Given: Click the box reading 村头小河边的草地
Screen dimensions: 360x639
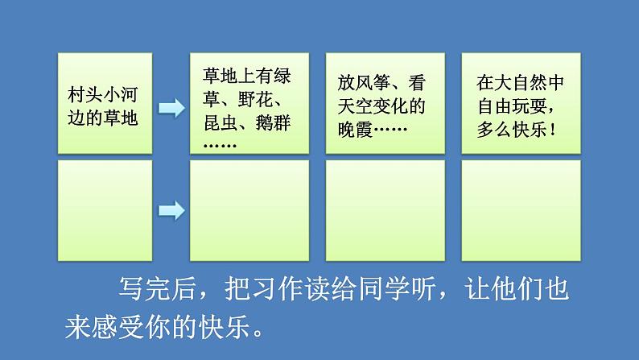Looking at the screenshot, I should pos(105,103).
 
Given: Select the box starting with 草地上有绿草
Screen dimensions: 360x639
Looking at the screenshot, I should pos(248,103).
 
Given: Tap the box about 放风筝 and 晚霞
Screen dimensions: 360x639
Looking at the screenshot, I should pos(385,103).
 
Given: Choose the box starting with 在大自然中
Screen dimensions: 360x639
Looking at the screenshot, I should pos(521,103).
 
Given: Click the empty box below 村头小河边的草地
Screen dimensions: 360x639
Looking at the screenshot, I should pos(105,210).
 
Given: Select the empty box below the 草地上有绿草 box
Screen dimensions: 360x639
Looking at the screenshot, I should pos(248,210).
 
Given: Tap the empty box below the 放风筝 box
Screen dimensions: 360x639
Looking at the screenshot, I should pos(385,210).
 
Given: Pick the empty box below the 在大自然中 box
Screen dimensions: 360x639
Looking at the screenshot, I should pos(521,210).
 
